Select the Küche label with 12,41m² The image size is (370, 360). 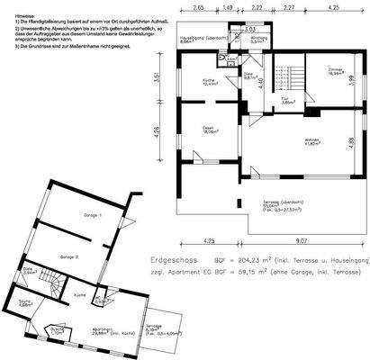[210, 82]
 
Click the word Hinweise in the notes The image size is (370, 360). [14, 4]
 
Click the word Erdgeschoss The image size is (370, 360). [171, 257]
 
